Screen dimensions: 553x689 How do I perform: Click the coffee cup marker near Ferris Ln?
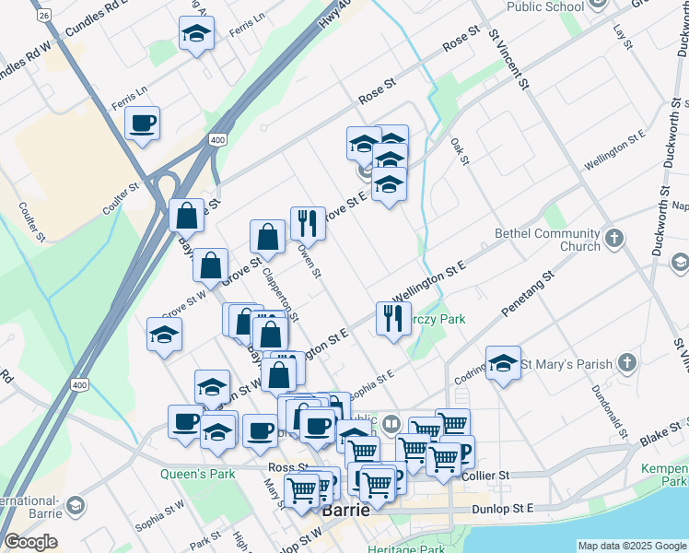pyautogui.click(x=143, y=124)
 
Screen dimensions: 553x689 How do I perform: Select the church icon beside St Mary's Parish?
pyautogui.click(x=627, y=363)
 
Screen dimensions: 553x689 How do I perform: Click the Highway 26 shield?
pyautogui.click(x=42, y=15)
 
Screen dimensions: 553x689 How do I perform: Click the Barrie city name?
pyautogui.click(x=345, y=510)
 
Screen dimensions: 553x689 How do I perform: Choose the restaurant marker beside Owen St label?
pyautogui.click(x=308, y=224)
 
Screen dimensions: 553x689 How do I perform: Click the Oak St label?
pyautogui.click(x=461, y=152)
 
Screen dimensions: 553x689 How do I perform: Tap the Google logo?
pyautogui.click(x=30, y=542)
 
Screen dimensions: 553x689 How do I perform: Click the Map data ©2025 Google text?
pyautogui.click(x=631, y=546)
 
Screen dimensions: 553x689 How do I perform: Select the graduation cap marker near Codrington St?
pyautogui.click(x=503, y=364)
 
